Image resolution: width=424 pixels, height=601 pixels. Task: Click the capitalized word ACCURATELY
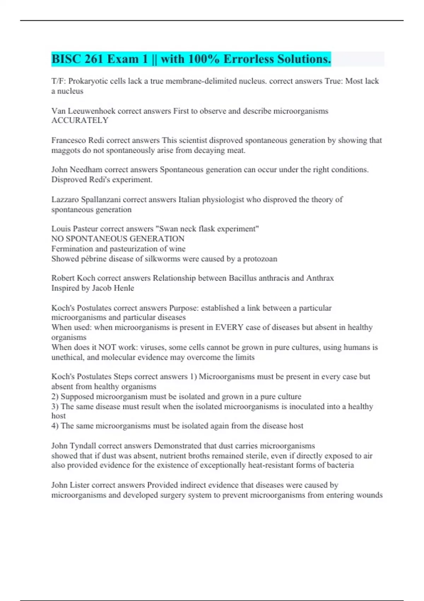80,121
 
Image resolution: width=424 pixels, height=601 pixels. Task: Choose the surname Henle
123,288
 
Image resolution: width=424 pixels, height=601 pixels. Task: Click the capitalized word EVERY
229,327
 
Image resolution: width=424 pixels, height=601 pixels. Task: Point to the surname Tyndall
82,446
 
